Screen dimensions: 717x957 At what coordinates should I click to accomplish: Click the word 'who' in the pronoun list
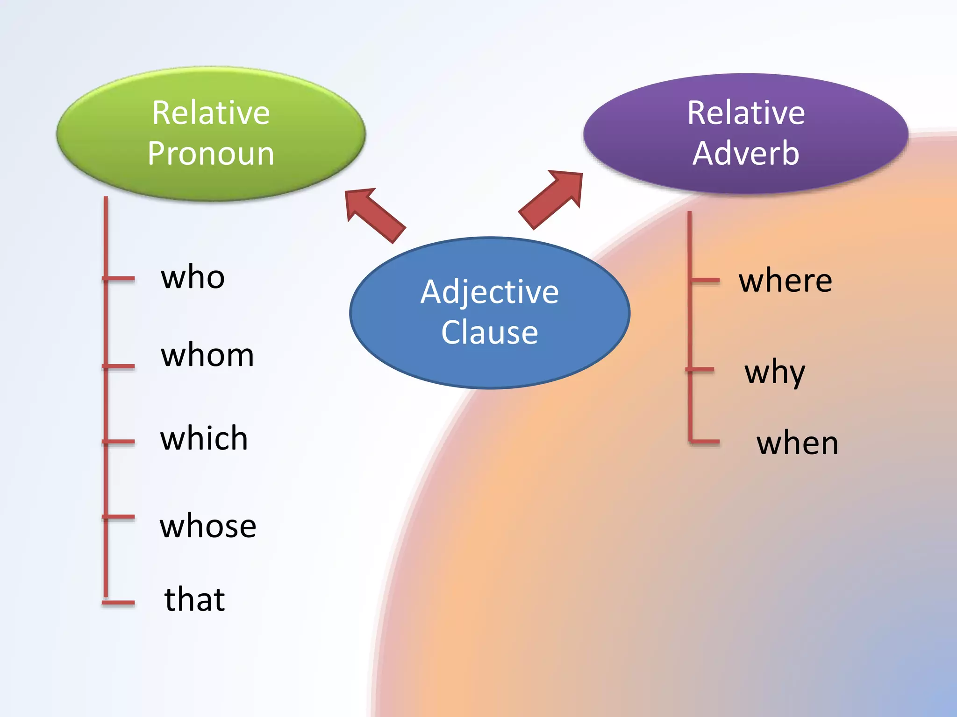[193, 278]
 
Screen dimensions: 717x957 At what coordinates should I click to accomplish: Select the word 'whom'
[207, 356]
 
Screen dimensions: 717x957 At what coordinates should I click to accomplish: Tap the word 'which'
[204, 439]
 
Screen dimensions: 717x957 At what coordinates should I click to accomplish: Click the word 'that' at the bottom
[194, 600]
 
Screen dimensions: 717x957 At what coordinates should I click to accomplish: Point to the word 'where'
[785, 281]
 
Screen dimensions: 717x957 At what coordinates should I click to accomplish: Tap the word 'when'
[797, 443]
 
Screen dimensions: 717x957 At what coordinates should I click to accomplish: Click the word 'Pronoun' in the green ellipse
[211, 154]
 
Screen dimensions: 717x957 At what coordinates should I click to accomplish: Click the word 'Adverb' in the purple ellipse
[746, 154]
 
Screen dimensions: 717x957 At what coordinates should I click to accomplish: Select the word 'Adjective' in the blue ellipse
[489, 293]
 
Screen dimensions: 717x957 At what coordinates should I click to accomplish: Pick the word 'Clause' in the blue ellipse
[489, 333]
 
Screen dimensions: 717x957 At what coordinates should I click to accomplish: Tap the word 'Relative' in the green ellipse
[211, 113]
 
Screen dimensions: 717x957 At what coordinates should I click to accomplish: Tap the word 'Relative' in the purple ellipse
[746, 113]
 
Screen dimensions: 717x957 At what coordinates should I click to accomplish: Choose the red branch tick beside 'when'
[705, 441]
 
